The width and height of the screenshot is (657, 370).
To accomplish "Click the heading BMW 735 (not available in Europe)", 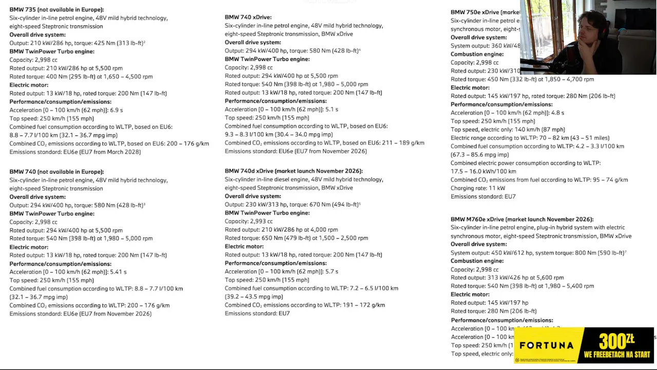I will tap(56, 10).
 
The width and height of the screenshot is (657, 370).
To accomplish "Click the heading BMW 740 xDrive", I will tap(248, 17).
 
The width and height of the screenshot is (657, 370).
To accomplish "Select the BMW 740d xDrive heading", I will tap(294, 171).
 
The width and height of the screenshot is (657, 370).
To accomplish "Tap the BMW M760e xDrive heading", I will tap(521, 219).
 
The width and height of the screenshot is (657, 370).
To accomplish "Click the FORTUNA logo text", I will tap(546, 345).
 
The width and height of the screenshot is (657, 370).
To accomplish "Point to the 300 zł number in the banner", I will tap(616, 341).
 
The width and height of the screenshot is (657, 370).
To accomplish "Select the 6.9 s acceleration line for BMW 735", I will tap(66, 110).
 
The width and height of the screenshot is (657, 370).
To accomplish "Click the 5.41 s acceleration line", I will tap(68, 272).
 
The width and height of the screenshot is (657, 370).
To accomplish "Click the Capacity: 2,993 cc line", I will tap(248, 221).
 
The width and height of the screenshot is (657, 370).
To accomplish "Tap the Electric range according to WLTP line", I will tap(530, 138).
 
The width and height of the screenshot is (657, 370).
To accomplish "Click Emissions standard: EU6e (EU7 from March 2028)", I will tap(75, 152).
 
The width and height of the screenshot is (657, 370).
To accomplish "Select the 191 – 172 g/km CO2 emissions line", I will tap(304, 305).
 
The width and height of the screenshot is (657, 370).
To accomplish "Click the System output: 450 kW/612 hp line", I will tap(537, 253).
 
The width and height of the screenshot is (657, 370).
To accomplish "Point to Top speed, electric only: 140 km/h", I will tap(508, 129).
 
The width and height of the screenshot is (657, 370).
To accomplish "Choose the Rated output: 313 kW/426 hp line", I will tap(507, 277).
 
